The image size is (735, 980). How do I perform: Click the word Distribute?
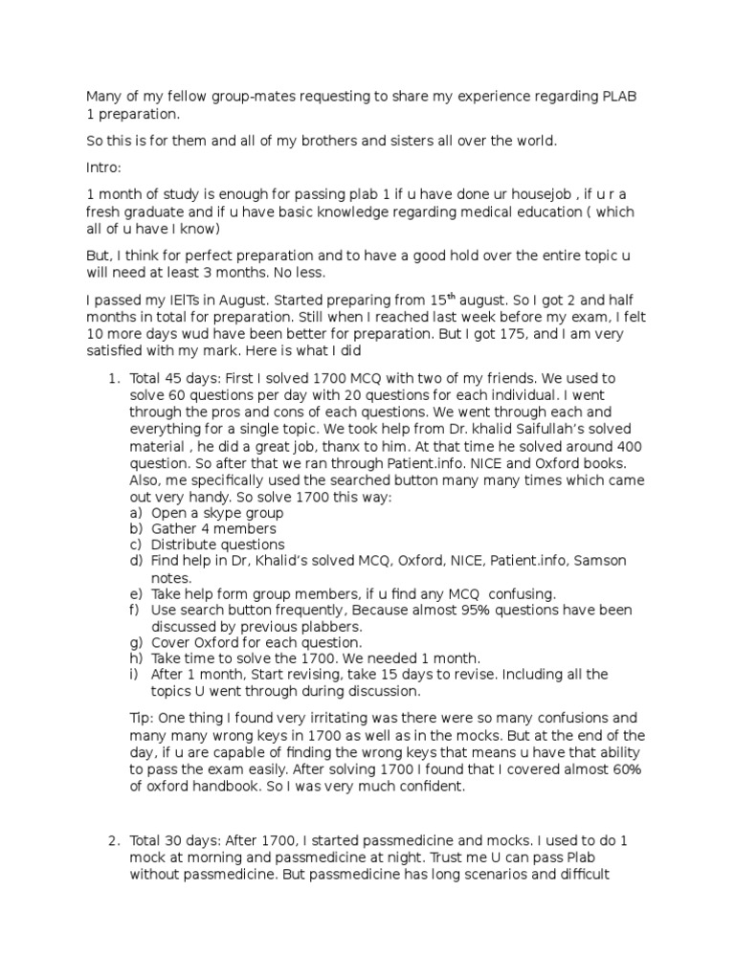187,545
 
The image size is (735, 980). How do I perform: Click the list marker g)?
135,642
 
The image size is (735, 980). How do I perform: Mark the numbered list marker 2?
113,839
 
